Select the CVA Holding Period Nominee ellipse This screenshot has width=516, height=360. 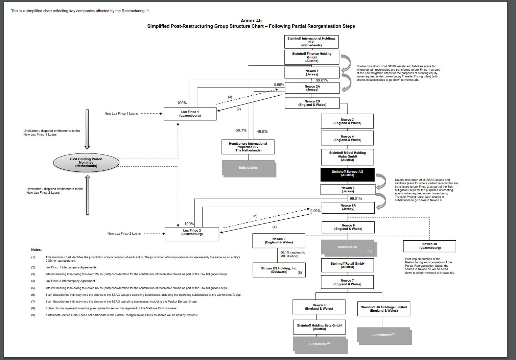point(86,163)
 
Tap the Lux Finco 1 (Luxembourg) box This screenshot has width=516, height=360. point(190,114)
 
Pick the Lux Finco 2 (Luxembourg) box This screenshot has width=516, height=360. point(192,234)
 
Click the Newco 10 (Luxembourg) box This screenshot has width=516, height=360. point(429,246)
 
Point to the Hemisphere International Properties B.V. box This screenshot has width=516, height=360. point(248,147)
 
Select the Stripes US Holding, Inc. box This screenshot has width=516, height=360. point(279,270)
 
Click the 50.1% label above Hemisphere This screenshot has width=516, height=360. point(241,130)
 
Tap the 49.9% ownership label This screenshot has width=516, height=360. point(262,131)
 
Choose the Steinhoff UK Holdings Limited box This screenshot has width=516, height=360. point(383,309)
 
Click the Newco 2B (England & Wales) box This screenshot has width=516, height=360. point(312,103)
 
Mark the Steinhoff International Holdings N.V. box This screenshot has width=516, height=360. point(311,42)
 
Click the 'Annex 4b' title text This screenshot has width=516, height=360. point(251,21)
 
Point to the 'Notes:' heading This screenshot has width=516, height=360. point(37,250)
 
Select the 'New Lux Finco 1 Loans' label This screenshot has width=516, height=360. point(121,114)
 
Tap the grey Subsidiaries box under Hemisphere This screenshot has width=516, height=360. point(248,168)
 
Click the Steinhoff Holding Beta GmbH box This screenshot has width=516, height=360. point(319,327)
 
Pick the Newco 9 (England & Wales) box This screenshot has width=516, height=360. point(279,241)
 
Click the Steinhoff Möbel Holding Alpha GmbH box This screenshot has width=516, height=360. point(347,157)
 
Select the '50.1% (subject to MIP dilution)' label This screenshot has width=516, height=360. point(292,254)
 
